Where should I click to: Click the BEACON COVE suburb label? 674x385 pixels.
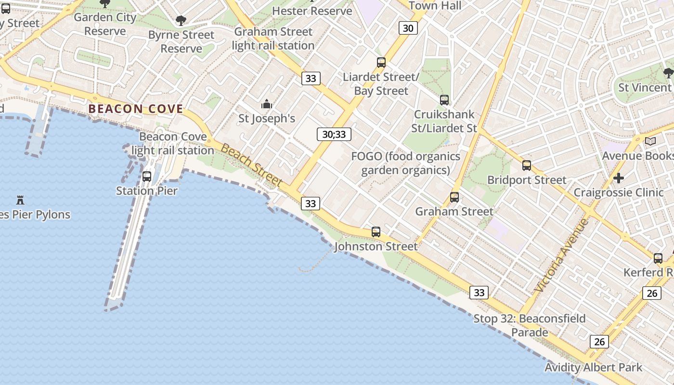136,109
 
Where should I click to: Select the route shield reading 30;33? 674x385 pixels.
334,134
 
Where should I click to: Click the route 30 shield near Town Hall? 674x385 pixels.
408,28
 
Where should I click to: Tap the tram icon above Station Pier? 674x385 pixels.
147,177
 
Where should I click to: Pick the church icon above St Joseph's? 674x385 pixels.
266,104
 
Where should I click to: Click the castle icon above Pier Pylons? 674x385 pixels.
20,200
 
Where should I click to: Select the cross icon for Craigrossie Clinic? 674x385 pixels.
619,178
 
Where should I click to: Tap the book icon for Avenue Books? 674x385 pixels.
650,141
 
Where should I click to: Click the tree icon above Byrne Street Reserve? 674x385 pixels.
181,21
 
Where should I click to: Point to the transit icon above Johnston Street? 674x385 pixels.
376,232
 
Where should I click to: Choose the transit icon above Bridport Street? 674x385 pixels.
527,166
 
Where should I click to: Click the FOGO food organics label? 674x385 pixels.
406,163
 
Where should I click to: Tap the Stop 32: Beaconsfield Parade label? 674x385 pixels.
530,325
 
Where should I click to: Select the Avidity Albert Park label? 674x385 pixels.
593,368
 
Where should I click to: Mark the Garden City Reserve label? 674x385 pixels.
105,24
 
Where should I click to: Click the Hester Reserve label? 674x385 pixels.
312,11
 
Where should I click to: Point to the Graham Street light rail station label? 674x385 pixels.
273,38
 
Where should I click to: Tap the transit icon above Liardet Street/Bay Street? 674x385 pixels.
381,62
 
